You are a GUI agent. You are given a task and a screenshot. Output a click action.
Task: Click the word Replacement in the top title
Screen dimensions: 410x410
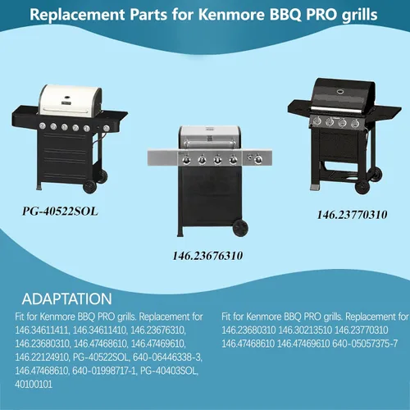point(77,15)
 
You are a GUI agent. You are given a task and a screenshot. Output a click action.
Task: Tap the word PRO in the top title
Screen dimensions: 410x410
point(321,15)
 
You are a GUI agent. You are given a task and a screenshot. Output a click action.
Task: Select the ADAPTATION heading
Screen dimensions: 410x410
point(67,298)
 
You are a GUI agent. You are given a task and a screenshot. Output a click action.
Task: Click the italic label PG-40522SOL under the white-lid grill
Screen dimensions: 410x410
point(60,212)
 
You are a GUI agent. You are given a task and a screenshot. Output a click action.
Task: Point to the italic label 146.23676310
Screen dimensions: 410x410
point(207,256)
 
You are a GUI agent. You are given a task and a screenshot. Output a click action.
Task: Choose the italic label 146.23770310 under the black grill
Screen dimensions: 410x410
point(353,215)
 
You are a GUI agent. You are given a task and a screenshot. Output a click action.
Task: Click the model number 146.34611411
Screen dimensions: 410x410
point(43,330)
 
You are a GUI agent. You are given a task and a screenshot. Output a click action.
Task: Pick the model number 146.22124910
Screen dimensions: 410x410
point(43,357)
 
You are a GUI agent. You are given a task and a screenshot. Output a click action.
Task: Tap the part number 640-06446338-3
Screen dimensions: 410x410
point(167,357)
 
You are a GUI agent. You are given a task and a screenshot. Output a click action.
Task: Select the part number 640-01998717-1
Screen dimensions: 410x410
point(104,371)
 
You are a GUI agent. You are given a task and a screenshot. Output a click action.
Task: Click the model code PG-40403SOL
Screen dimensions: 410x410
point(169,371)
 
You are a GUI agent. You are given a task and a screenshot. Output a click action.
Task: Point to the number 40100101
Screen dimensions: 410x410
point(34,385)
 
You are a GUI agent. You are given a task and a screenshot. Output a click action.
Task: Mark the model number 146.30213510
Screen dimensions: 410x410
point(305,330)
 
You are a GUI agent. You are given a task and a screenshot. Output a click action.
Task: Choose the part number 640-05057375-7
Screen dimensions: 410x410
point(365,344)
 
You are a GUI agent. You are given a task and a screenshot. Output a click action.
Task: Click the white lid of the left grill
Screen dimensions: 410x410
point(71,100)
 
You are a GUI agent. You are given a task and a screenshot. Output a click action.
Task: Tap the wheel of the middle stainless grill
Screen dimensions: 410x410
point(240,228)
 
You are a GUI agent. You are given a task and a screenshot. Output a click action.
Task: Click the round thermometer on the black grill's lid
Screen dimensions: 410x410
point(340,92)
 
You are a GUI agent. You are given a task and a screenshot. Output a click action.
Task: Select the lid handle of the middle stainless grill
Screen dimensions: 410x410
point(210,143)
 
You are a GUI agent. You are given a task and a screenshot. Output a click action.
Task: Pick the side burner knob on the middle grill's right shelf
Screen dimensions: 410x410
point(257,158)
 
